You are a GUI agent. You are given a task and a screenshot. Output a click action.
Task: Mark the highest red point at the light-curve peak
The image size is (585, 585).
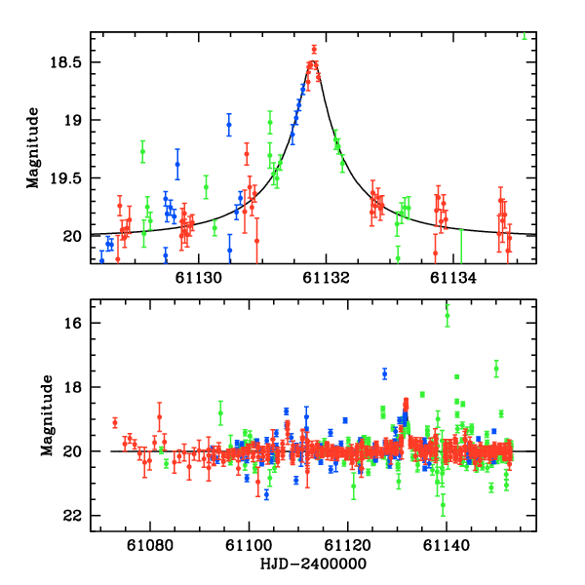(314, 49)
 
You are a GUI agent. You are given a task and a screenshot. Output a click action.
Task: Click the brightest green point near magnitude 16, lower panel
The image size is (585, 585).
(448, 314)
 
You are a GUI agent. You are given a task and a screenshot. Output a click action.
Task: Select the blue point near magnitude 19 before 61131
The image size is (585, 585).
(229, 125)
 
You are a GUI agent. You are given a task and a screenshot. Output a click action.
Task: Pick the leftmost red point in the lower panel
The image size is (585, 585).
(115, 422)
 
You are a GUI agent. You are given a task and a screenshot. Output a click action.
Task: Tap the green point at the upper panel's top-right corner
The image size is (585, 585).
(525, 36)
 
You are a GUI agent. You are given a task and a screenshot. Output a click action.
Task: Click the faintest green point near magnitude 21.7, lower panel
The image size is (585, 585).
(443, 505)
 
